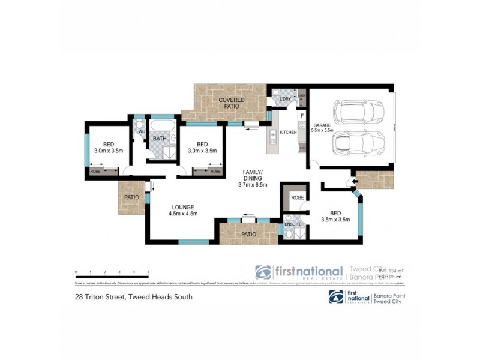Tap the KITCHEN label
289,132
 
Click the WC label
142,131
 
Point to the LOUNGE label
183,207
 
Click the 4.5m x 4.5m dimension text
183,214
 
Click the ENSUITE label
293,224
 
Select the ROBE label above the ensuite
297,197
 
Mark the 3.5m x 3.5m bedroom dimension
335,220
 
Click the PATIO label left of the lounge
131,197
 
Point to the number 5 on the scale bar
148,272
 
